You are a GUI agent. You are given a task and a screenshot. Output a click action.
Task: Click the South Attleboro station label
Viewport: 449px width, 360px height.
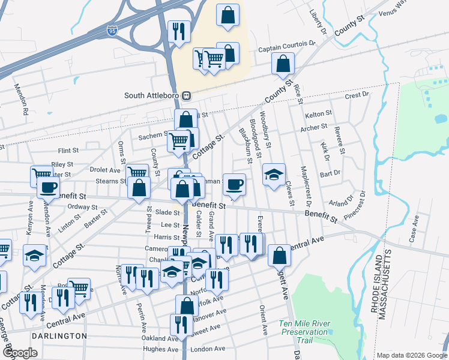[x=152, y=95]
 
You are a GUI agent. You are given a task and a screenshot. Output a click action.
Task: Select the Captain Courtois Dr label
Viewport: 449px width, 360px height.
[x=287, y=44]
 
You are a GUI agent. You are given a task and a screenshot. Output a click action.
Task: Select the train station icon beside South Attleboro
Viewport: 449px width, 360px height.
[x=187, y=95]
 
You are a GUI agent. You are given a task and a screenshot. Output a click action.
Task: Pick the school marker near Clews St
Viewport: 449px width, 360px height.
[x=274, y=175]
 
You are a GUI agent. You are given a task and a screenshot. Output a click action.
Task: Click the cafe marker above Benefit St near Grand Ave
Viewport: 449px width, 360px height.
[x=235, y=185]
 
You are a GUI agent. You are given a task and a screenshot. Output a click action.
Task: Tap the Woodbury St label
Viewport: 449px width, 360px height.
[x=267, y=128]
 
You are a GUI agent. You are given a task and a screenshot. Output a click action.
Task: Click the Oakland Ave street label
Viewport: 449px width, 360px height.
[x=158, y=338]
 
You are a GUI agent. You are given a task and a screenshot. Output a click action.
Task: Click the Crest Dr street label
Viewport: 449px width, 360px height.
[x=357, y=95]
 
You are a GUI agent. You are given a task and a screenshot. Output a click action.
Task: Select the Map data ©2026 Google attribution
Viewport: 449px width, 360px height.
[x=412, y=355]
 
